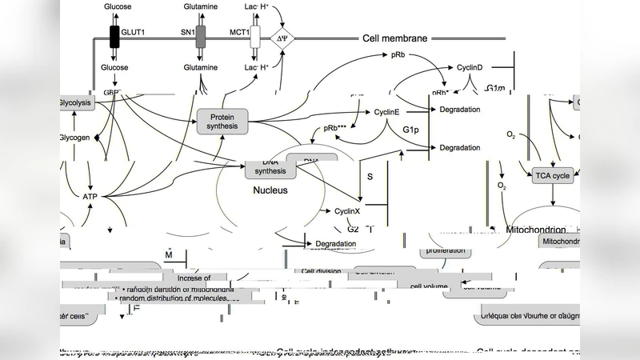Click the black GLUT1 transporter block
click(114, 37)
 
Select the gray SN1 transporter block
click(201, 37)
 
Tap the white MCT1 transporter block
click(255, 37)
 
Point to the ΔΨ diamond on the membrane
click(281, 38)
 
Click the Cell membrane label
click(395, 38)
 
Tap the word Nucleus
click(270, 191)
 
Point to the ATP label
click(90, 196)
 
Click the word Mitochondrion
click(537, 229)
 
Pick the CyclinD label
click(469, 68)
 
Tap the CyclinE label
click(386, 112)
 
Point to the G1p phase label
click(411, 130)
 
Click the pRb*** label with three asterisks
click(335, 129)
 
